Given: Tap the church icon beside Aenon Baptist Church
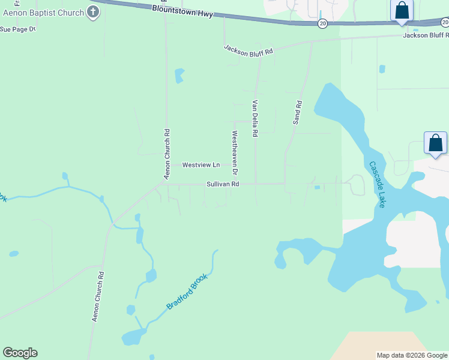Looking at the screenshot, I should click(x=92, y=11).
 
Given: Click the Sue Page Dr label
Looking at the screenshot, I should click(x=18, y=28).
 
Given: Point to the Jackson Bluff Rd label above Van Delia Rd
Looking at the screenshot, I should click(x=249, y=50).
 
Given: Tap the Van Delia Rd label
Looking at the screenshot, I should click(x=255, y=119).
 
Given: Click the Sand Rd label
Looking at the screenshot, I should click(x=297, y=113).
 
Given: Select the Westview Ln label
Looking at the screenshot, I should click(x=201, y=164).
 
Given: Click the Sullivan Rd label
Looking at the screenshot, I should click(x=223, y=184).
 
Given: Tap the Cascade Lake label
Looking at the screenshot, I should click(x=378, y=184).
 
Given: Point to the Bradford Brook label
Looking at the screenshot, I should click(x=187, y=292).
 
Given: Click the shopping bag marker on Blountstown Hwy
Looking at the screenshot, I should click(x=401, y=11).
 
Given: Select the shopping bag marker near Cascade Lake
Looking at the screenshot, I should click(x=435, y=143).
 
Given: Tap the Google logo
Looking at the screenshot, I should click(x=20, y=353).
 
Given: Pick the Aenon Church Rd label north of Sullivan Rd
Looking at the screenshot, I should click(x=167, y=154).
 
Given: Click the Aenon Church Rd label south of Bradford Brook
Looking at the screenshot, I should click(x=98, y=297).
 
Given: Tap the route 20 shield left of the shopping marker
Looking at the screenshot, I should click(x=323, y=23).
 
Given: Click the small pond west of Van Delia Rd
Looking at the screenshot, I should click(x=179, y=76).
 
